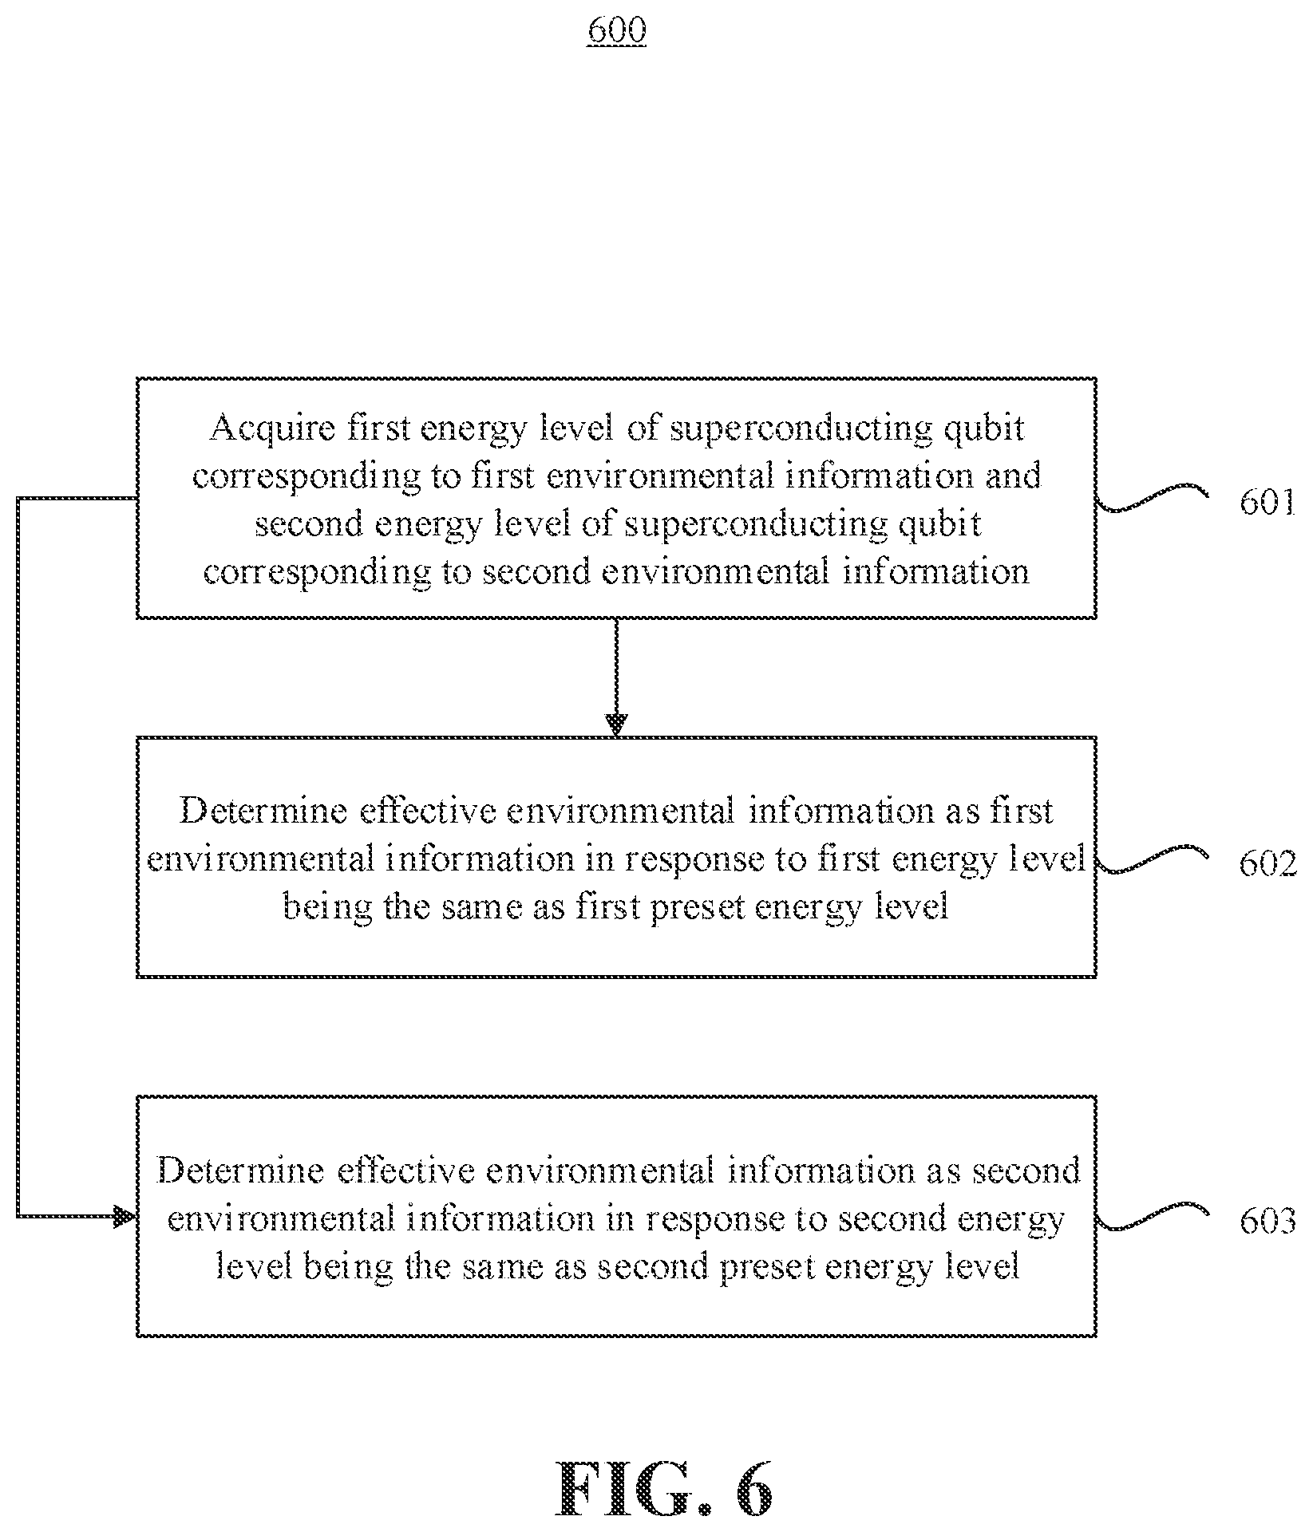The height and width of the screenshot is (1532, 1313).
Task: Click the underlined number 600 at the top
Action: point(616,30)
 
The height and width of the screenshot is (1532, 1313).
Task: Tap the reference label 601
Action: point(1267,503)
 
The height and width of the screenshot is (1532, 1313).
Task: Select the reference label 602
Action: point(1267,863)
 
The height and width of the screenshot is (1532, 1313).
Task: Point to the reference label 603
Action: point(1267,1222)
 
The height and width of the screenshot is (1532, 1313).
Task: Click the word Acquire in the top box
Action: point(272,429)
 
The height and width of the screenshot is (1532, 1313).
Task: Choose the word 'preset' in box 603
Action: point(765,1267)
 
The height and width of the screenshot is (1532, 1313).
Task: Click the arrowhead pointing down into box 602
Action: point(616,725)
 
